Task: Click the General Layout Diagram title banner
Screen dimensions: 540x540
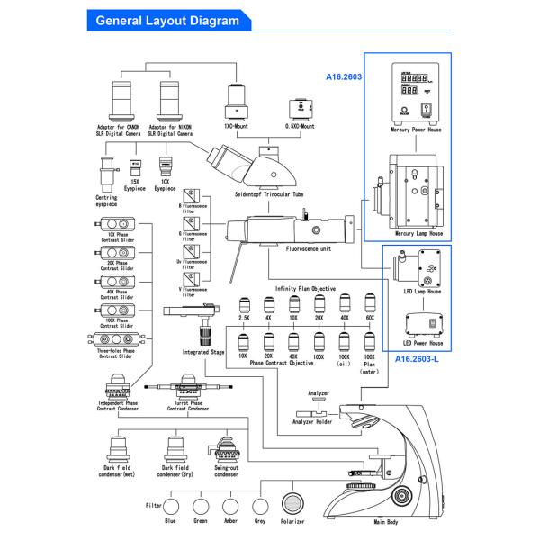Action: tap(166, 19)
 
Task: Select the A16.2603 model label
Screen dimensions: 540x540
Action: tap(344, 78)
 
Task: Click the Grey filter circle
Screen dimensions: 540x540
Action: tap(261, 507)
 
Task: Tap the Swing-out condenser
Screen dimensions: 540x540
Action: tap(227, 451)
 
